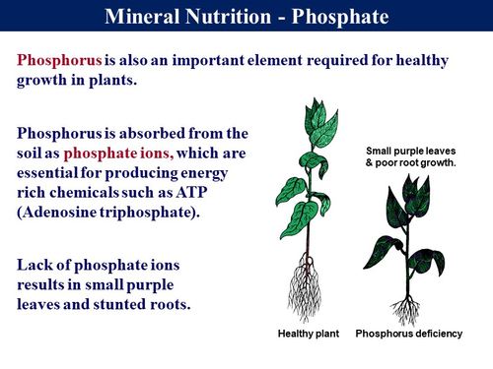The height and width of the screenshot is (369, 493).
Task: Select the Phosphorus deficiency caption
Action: tap(408, 335)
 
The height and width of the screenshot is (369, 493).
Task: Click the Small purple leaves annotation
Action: tap(408, 150)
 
